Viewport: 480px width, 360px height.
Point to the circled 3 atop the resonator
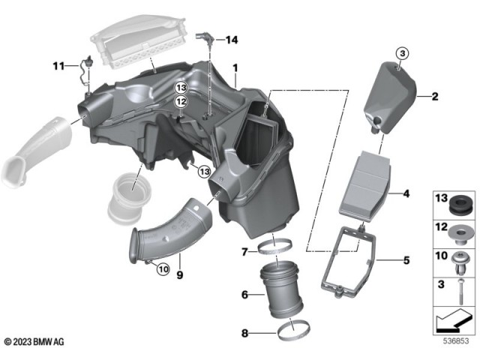(401, 53)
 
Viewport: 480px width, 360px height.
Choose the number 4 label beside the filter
(406, 194)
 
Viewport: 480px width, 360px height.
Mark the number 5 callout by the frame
(406, 262)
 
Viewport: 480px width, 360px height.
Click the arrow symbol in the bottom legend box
(451, 322)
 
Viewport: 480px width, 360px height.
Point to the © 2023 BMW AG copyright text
(34, 342)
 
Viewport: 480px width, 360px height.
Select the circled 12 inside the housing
(181, 102)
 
